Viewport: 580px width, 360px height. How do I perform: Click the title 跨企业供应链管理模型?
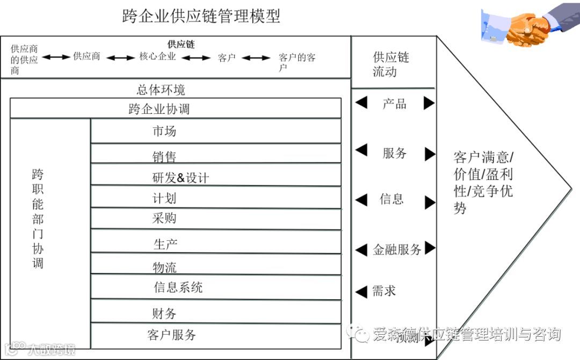pyautogui.click(x=201, y=17)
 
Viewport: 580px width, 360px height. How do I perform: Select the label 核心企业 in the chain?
pyautogui.click(x=157, y=56)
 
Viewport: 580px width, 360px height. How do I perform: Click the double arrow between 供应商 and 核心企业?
pyautogui.click(x=120, y=57)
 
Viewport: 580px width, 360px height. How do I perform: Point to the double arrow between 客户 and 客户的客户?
pyautogui.click(x=256, y=57)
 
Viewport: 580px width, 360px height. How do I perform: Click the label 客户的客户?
pyautogui.click(x=297, y=62)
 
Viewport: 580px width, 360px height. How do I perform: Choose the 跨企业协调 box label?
pyautogui.click(x=159, y=109)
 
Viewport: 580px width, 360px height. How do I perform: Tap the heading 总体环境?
pyautogui.click(x=161, y=89)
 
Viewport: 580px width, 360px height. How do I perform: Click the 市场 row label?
pyautogui.click(x=164, y=131)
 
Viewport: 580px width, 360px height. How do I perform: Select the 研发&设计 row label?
pyautogui.click(x=180, y=177)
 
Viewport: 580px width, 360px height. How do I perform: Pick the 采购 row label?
pyautogui.click(x=164, y=218)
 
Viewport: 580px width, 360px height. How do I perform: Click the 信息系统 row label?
pyautogui.click(x=178, y=287)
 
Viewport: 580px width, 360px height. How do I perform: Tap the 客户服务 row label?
pyautogui.click(x=171, y=335)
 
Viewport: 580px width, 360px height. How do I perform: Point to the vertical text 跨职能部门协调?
pyautogui.click(x=37, y=219)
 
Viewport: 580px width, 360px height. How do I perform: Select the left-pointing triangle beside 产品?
pyautogui.click(x=361, y=102)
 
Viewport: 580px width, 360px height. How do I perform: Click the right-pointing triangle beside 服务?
pyautogui.click(x=429, y=154)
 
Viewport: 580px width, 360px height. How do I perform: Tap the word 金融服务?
pyautogui.click(x=397, y=249)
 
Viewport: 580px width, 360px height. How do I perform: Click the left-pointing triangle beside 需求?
pyautogui.click(x=361, y=292)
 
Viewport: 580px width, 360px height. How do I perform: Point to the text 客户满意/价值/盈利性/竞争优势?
pyautogui.click(x=483, y=183)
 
